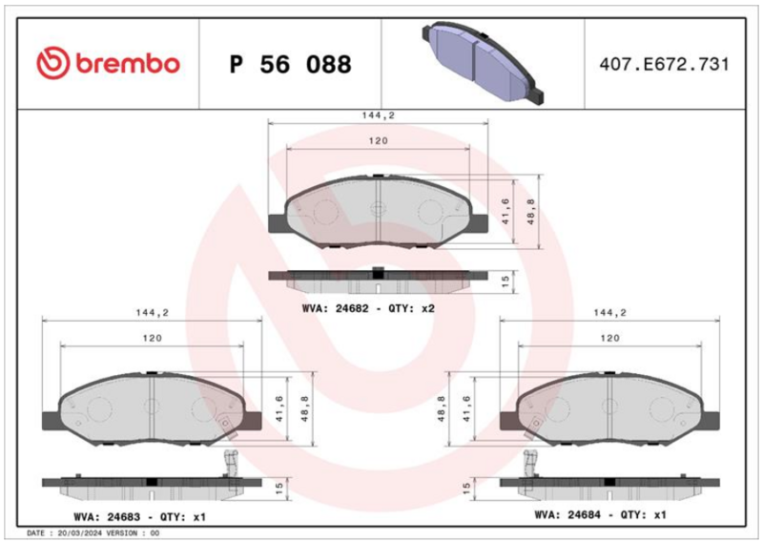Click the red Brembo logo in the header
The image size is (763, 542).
point(108,63)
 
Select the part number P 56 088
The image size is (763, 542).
point(291,64)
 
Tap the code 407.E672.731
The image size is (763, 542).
point(664,64)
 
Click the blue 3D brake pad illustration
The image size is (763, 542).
point(483,62)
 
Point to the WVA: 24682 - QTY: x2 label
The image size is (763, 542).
point(368,309)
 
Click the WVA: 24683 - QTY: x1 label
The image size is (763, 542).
point(139,516)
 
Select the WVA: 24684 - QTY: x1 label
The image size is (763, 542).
point(600,514)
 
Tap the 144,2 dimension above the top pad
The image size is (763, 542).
point(378,115)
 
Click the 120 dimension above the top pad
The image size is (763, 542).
point(378,140)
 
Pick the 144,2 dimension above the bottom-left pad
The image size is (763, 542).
point(153,313)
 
